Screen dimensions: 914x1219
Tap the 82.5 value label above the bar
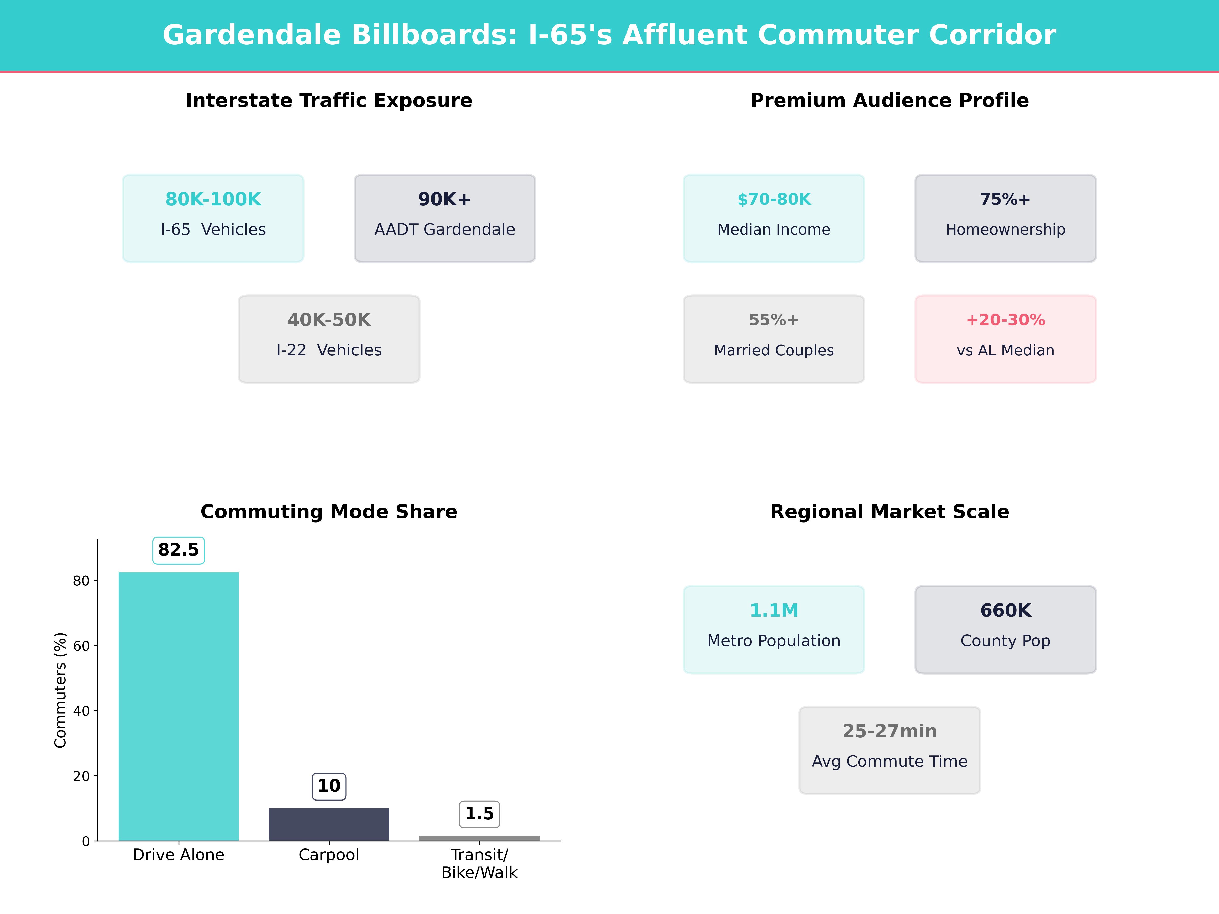pyautogui.click(x=179, y=550)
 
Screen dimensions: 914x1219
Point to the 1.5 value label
pyautogui.click(x=479, y=814)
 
